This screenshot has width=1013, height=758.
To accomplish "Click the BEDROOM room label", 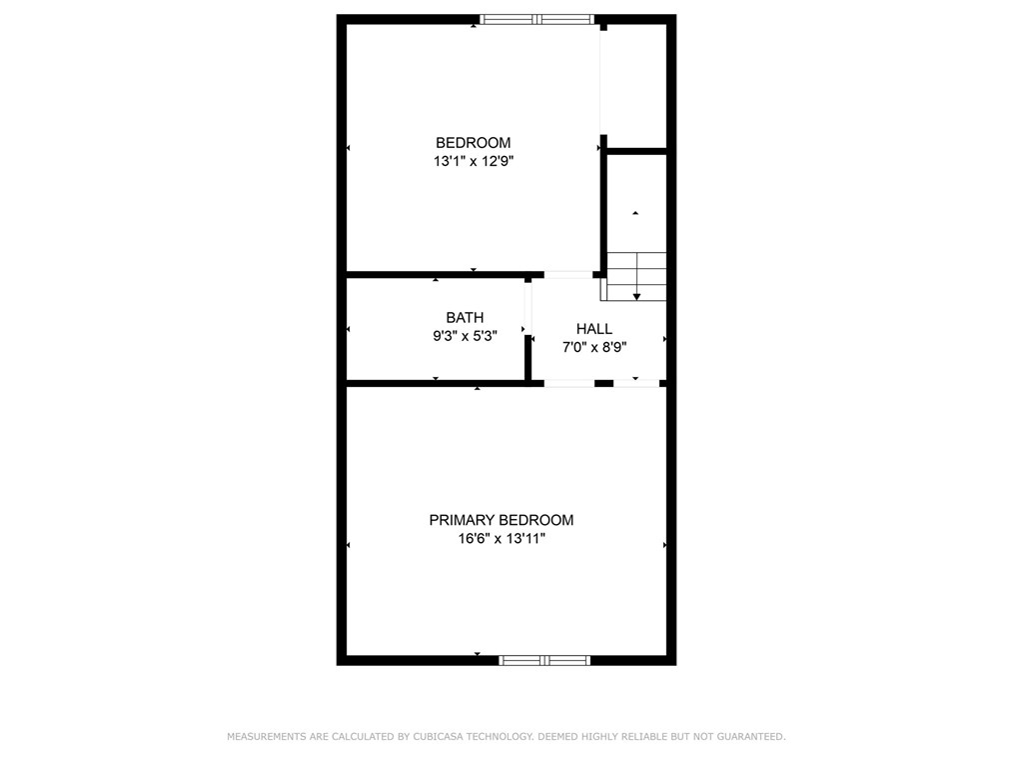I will pos(473,143).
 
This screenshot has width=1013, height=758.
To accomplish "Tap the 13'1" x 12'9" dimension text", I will pos(473,160).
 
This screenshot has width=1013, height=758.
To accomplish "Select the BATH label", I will pos(465,318).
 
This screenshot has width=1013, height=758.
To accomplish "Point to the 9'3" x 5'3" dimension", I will pos(465,336).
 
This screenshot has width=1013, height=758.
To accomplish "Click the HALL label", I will pos(594,329).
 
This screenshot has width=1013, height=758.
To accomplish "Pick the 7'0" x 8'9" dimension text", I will pos(594,347).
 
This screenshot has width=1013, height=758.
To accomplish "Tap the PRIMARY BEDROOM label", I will pos(502,520).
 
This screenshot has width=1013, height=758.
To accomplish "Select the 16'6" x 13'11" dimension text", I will pos(502,538).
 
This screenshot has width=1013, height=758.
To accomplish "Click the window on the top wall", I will pos(536,19).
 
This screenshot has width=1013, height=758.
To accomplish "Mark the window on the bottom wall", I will pos(544,660).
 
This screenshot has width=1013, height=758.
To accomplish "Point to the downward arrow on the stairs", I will pos(636,295).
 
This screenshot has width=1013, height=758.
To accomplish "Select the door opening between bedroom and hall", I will pos(567,274).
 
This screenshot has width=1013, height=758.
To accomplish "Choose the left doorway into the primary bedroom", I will pos(569,383).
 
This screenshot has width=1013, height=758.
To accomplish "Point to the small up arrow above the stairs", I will pos(635,213).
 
